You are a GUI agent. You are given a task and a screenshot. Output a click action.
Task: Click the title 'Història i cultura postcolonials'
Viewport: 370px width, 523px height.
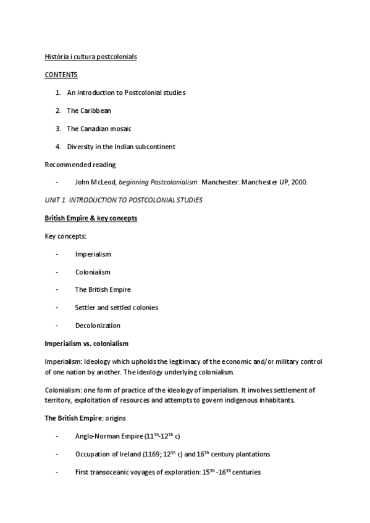pyautogui.click(x=91, y=57)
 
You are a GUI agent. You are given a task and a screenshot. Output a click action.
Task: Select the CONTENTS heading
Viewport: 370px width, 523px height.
pyautogui.click(x=61, y=75)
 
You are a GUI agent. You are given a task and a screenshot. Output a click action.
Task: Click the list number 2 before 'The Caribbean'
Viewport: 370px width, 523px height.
pyautogui.click(x=58, y=110)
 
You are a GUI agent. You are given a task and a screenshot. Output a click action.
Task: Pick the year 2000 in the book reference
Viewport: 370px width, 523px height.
pyautogui.click(x=300, y=183)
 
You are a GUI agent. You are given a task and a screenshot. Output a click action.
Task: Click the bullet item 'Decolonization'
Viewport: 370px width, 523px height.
pyautogui.click(x=98, y=326)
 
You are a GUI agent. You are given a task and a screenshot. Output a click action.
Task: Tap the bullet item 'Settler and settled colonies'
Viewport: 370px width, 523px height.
pyautogui.click(x=116, y=307)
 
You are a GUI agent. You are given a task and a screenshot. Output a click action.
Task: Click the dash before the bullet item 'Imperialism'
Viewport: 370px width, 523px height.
pyautogui.click(x=57, y=254)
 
